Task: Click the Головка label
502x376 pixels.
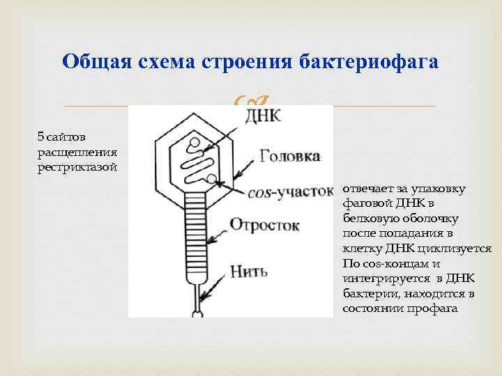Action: (289, 155)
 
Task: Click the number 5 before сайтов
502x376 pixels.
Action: (40, 134)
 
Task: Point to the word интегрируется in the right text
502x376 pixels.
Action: (380, 279)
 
